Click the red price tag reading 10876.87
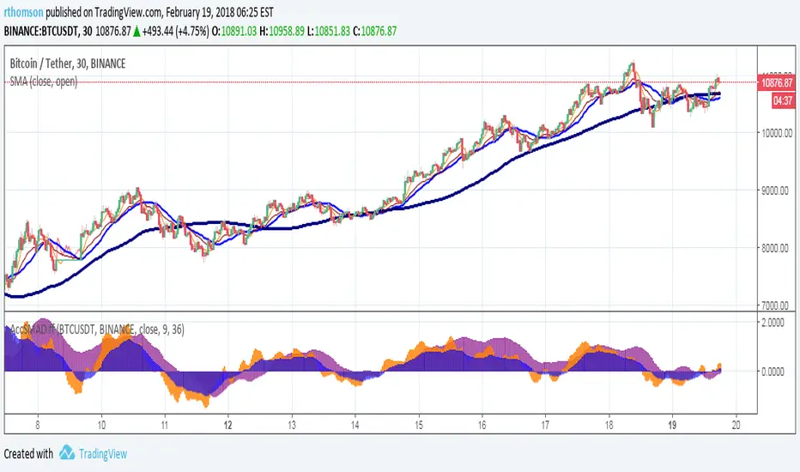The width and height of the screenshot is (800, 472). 776,83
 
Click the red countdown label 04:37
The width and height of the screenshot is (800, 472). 782,100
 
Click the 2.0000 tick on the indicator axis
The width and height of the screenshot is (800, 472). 779,323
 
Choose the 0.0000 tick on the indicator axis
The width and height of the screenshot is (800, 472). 779,372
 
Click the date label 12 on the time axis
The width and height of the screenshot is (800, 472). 228,425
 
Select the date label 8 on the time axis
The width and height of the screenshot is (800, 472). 38,425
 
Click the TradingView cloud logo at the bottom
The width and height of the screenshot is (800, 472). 67,453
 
